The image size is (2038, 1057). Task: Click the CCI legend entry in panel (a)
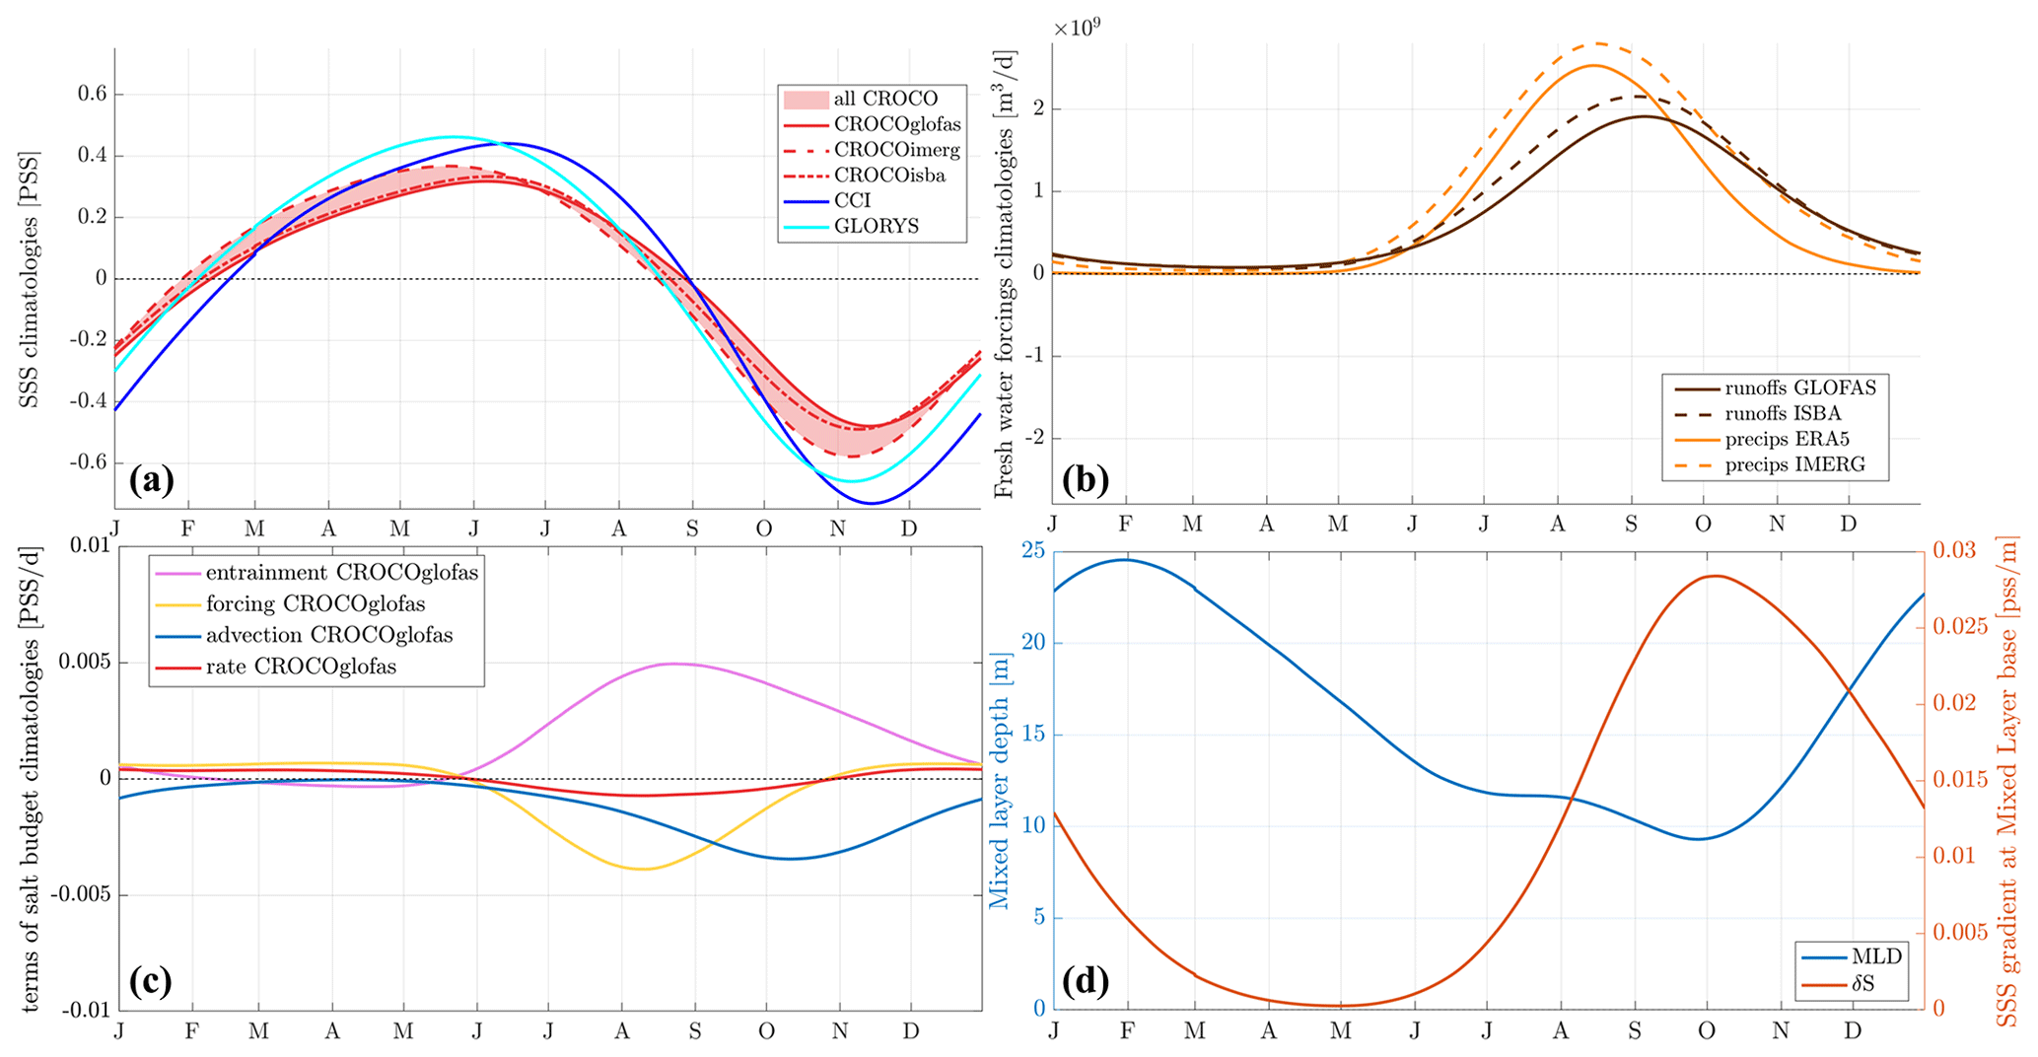pyautogui.click(x=852, y=201)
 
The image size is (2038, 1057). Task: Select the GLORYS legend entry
pyautogui.click(x=876, y=227)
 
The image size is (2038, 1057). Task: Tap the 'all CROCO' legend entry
pyautogui.click(x=884, y=99)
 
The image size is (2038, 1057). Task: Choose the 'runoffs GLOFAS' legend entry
pyautogui.click(x=1799, y=388)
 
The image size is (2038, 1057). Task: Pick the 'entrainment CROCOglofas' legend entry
pyautogui.click(x=341, y=573)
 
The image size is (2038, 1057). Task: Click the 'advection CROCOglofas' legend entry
pyautogui.click(x=328, y=635)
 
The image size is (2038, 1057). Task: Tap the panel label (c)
pyautogui.click(x=151, y=980)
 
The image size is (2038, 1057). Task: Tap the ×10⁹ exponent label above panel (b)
pyautogui.click(x=1077, y=27)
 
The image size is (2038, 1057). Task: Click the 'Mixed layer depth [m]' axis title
pyautogui.click(x=1000, y=779)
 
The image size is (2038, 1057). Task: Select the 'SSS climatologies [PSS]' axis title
pyautogui.click(x=30, y=278)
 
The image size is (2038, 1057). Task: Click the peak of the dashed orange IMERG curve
pyautogui.click(x=1597, y=43)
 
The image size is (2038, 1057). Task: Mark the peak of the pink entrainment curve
pyautogui.click(x=673, y=664)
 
